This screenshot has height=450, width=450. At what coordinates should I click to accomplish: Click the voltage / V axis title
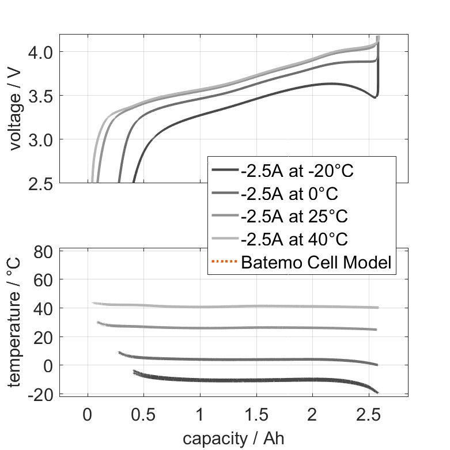pos(15,109)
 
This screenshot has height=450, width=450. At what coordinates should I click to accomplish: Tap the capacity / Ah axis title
pos(233,438)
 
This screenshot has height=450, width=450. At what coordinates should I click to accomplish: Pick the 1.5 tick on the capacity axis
pos(256,413)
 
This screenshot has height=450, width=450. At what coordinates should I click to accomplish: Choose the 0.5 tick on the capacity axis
pos(143,413)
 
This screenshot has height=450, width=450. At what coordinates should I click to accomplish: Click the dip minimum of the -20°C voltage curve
pos(375,97)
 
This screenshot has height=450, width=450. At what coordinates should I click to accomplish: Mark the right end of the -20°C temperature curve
pos(378,392)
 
